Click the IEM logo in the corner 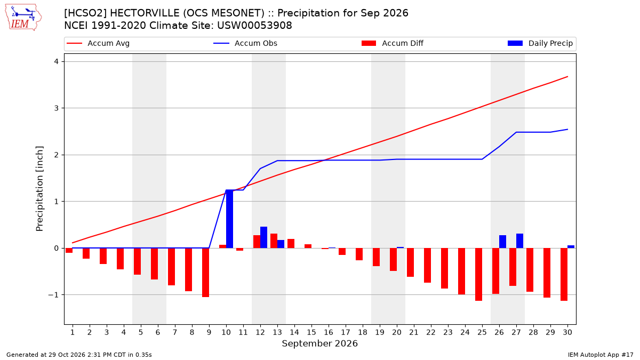23,18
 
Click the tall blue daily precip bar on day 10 229,219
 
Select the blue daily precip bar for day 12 263,237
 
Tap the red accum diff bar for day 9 205,273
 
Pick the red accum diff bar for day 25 478,274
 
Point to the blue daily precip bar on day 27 519,241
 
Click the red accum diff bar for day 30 564,274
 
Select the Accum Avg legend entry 98,43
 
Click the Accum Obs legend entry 245,43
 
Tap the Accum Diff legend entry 393,43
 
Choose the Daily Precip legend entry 540,43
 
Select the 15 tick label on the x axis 311,332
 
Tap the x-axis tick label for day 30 567,332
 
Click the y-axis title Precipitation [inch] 39,189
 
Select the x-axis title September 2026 319,343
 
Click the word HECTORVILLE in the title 145,13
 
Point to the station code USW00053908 254,26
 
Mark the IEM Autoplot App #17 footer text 601,355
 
